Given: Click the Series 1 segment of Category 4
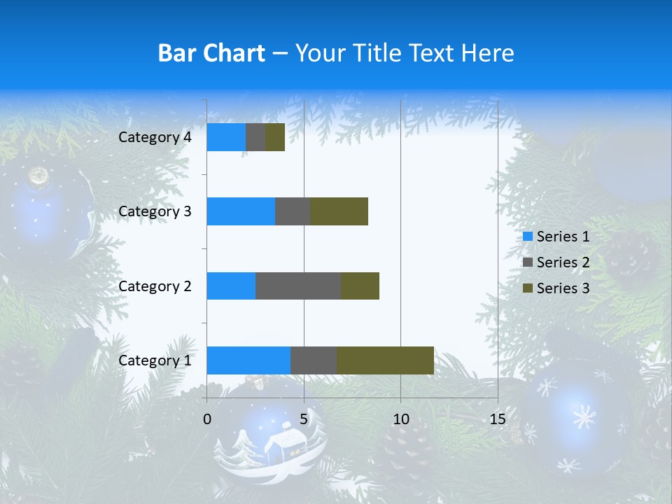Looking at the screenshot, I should (x=226, y=137).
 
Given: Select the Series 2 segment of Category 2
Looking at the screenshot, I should (x=298, y=286).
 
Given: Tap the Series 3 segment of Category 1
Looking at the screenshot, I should (x=385, y=360).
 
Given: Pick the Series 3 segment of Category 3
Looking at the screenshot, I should (x=339, y=211).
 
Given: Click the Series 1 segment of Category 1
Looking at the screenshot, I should (x=248, y=360).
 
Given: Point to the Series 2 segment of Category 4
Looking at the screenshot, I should (x=255, y=137).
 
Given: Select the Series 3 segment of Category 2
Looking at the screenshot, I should (x=360, y=286).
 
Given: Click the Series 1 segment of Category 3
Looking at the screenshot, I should (x=241, y=211).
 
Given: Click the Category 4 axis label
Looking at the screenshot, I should (x=155, y=137).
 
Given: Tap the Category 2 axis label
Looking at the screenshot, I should (x=155, y=286).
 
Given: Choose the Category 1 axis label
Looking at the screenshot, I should (x=155, y=360).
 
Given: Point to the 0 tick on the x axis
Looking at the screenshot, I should (x=207, y=419).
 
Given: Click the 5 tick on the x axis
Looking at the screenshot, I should (x=304, y=419).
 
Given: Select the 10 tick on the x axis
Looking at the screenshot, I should (x=400, y=419).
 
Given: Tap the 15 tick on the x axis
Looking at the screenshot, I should (x=497, y=419).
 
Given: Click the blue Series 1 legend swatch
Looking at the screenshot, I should (x=528, y=237).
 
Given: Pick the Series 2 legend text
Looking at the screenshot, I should (x=563, y=262).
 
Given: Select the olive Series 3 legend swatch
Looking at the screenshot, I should (x=528, y=288).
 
